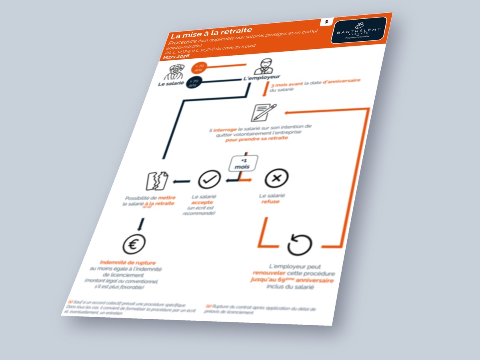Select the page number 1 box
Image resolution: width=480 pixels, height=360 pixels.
(x=326, y=22)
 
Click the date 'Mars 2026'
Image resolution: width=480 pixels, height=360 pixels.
(x=176, y=56)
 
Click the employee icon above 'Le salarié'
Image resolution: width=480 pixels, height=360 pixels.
(x=174, y=72)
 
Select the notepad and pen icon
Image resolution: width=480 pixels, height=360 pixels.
(x=263, y=112)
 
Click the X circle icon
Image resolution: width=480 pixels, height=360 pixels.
(x=276, y=178)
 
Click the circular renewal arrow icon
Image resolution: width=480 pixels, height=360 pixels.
(x=300, y=244)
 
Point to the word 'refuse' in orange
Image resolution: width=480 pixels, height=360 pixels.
(x=270, y=202)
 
